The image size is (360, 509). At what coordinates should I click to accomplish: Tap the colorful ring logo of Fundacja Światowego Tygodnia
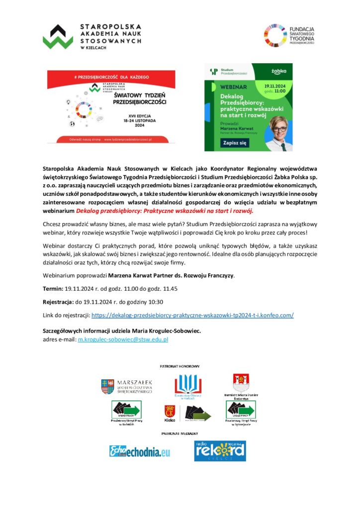point(274,35)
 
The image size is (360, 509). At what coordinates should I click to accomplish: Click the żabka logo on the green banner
point(279,72)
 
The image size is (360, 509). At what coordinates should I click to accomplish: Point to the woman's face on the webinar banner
point(280,122)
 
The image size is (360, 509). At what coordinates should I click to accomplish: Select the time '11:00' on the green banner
point(281,91)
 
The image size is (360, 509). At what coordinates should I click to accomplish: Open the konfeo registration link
point(193,315)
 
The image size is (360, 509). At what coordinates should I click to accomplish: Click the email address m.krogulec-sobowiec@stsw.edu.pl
point(123,339)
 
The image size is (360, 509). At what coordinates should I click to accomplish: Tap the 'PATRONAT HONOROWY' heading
point(180,366)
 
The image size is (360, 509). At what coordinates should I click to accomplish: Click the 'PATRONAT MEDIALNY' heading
point(180,434)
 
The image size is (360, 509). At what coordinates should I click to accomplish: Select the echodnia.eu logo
point(140,451)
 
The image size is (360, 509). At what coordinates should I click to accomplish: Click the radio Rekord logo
point(220,451)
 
